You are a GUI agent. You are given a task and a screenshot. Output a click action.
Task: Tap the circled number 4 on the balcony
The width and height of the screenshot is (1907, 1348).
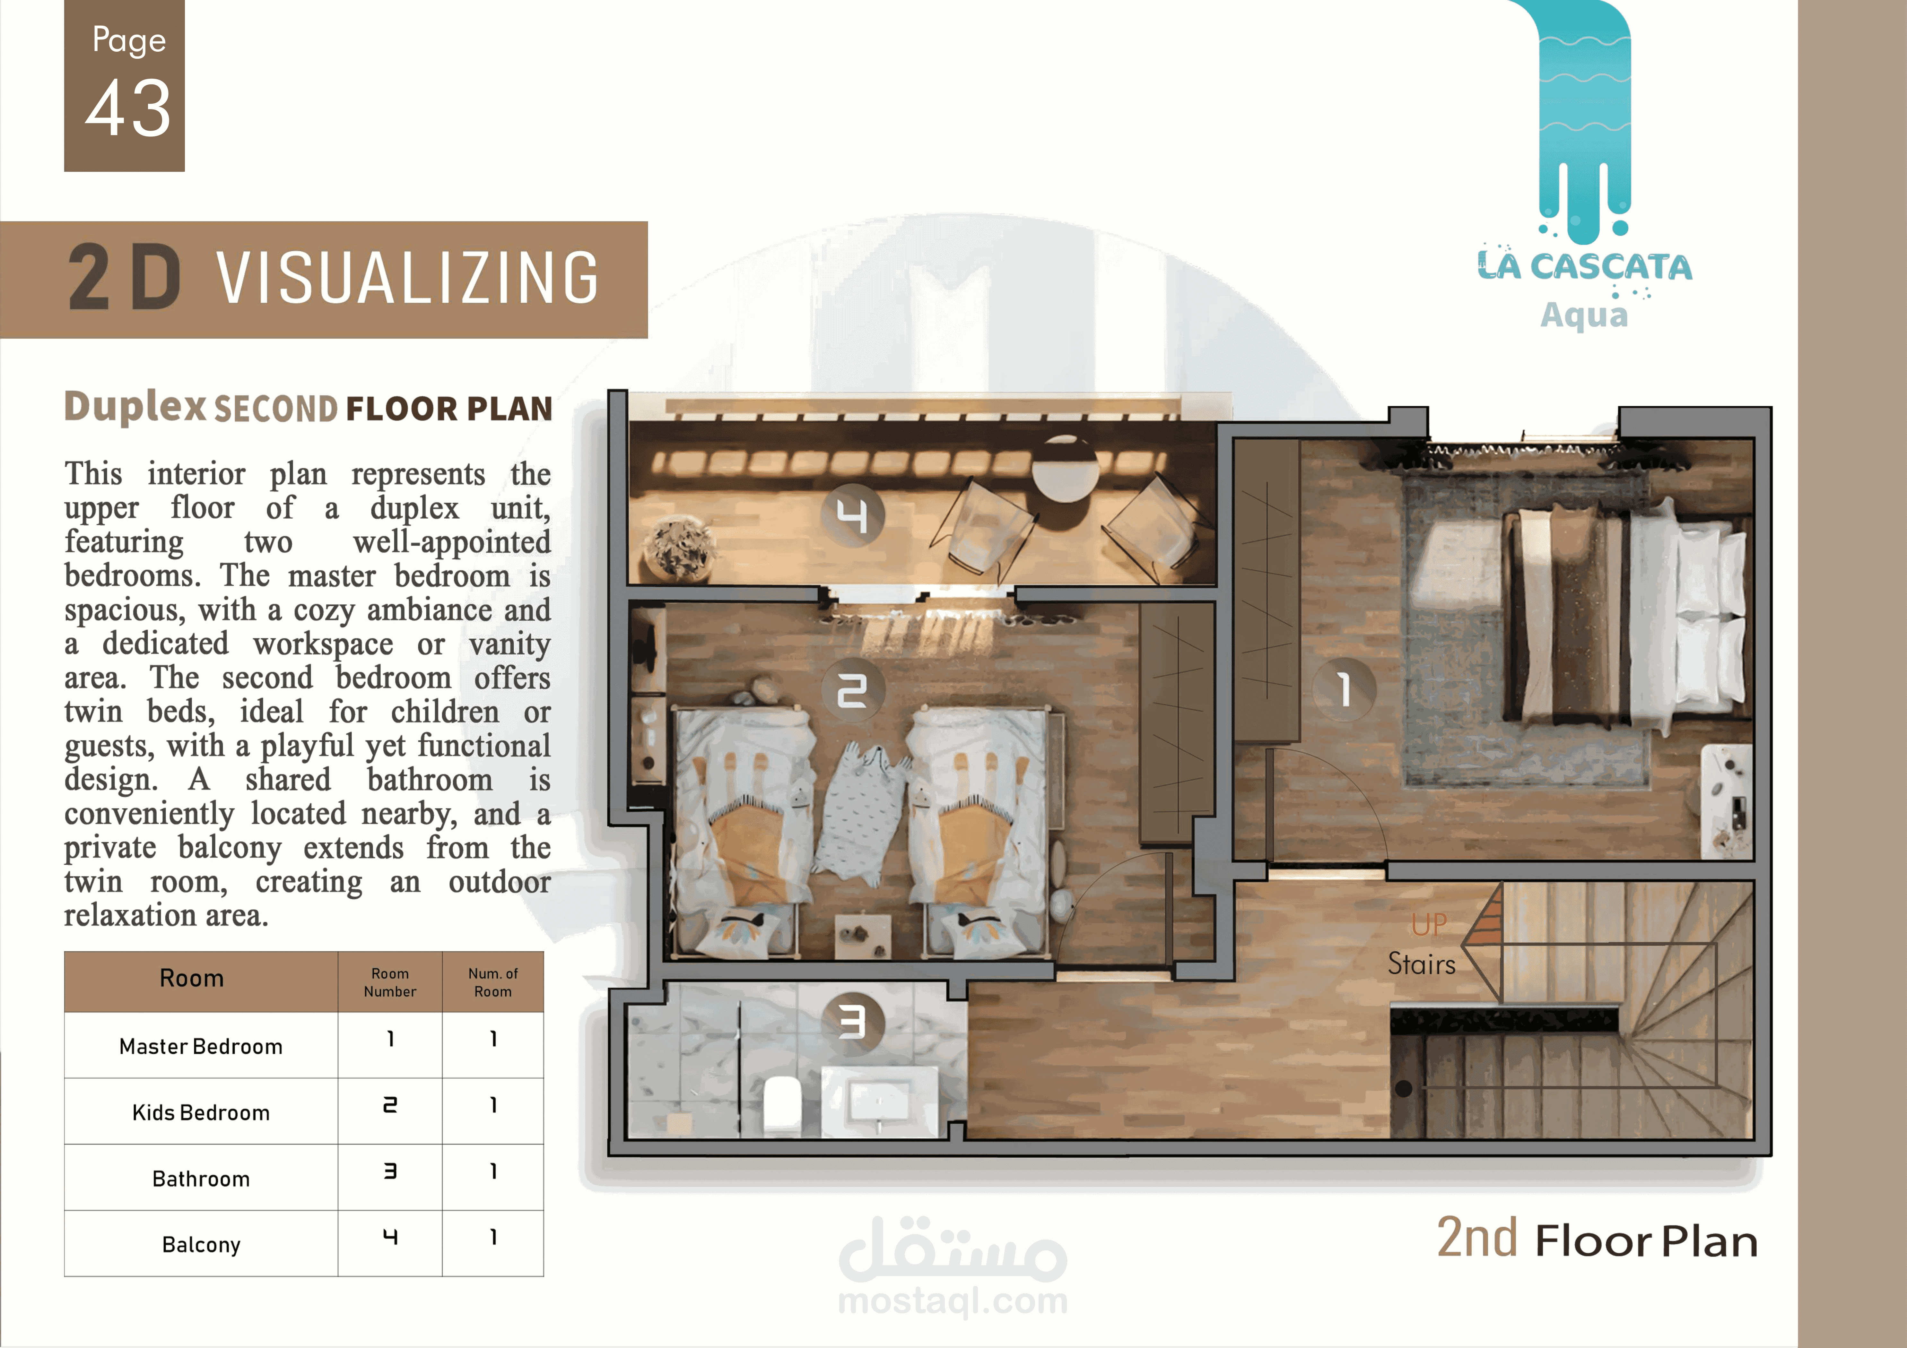[852, 515]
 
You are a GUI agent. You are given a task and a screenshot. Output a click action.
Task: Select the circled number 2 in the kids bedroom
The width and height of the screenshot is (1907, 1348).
[852, 690]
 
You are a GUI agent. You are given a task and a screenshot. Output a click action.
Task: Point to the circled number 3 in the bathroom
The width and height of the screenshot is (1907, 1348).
[852, 1023]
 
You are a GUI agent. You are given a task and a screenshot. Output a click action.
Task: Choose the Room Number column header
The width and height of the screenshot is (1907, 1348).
[389, 982]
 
